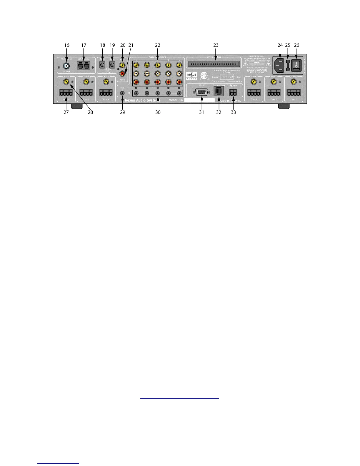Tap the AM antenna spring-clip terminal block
click(84, 65)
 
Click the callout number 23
click(216, 45)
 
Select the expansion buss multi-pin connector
click(213, 64)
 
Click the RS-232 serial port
click(201, 92)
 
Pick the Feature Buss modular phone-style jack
click(218, 92)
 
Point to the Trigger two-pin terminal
click(233, 92)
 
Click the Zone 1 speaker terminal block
click(293, 93)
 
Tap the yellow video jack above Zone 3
click(253, 81)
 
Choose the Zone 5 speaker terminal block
click(86, 93)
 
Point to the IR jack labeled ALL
click(122, 93)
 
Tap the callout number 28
click(90, 112)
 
